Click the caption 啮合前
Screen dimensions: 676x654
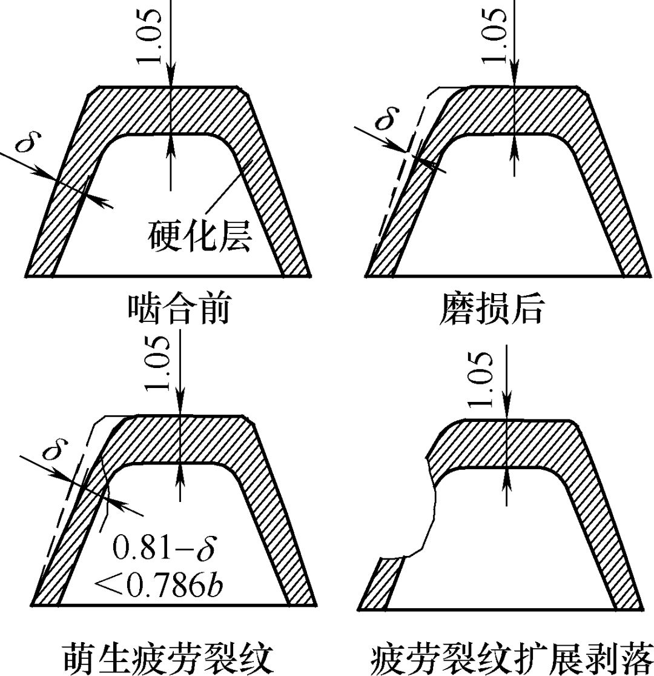179,310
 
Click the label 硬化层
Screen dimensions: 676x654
200,236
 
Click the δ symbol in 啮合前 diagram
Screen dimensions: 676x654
25,144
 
